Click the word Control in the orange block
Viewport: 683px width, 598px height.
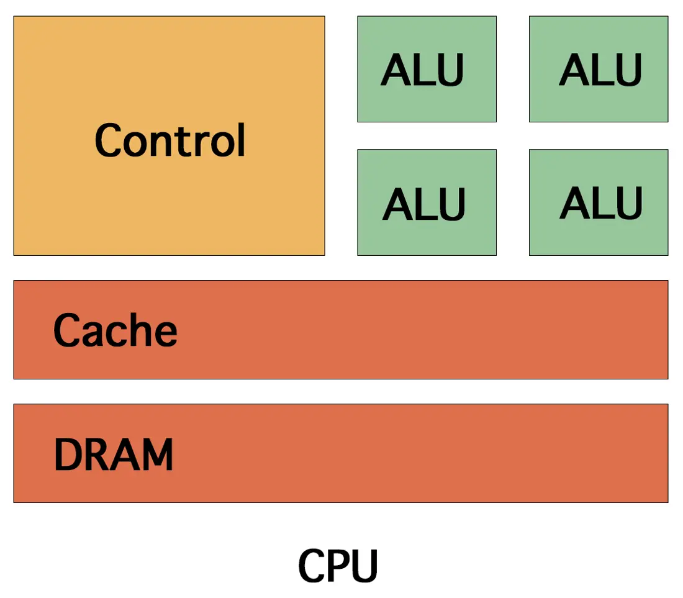[x=170, y=140]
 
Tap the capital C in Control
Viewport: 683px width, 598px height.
[x=108, y=141]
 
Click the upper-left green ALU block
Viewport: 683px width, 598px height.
[x=427, y=69]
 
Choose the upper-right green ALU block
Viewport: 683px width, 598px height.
[x=599, y=69]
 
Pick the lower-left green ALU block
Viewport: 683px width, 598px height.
[x=427, y=202]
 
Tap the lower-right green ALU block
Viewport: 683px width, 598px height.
[x=599, y=202]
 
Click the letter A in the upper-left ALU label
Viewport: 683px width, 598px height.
[x=396, y=70]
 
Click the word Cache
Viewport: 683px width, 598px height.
[x=115, y=330]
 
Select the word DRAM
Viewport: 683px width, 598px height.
[x=114, y=455]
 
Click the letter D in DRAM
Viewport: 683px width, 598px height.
[x=68, y=455]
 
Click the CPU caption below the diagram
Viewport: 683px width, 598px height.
[x=338, y=566]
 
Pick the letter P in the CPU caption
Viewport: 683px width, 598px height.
[x=339, y=566]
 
